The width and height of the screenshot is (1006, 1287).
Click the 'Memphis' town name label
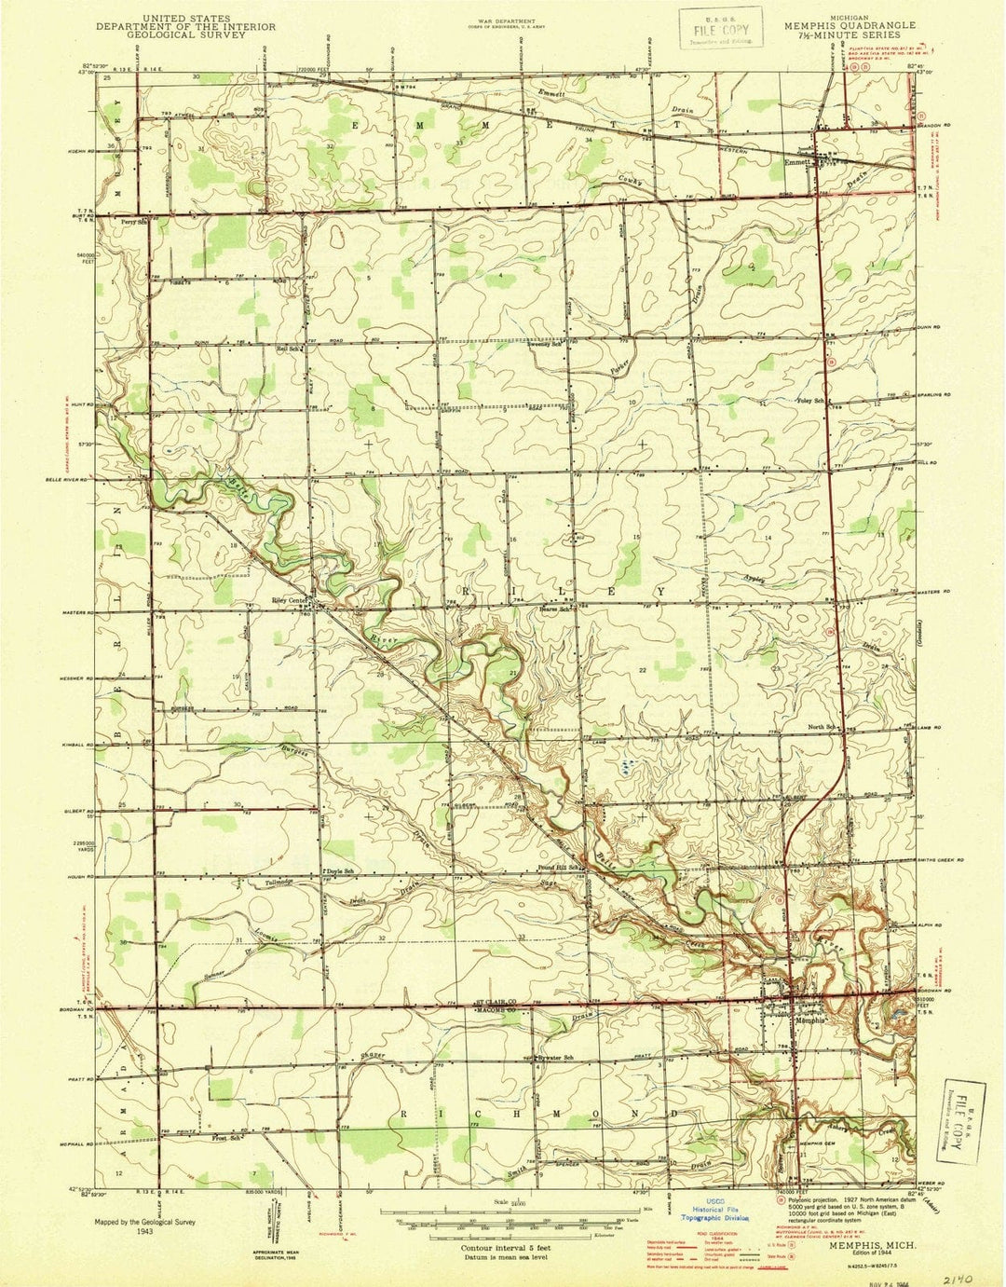pos(808,1020)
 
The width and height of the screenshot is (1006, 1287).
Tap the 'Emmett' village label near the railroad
pos(795,160)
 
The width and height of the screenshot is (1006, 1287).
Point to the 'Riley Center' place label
pos(289,599)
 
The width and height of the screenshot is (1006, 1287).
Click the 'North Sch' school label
pos(822,727)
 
